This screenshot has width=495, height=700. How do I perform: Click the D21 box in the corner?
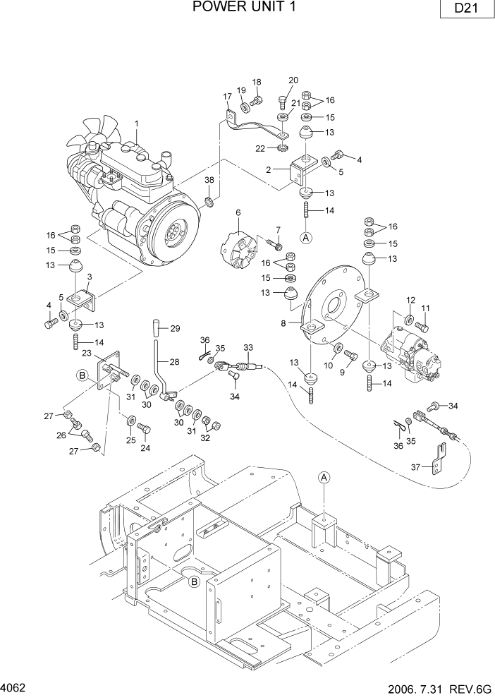[463, 11]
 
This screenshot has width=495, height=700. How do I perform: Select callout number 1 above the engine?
[137, 123]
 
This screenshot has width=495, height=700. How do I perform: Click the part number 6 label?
[238, 212]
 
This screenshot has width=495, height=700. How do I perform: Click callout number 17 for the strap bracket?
[228, 97]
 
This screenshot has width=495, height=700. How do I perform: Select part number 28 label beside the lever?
[173, 361]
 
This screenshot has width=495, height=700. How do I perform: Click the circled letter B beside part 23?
[82, 377]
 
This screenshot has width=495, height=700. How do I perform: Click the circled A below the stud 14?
[306, 238]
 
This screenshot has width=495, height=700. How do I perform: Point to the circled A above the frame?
[324, 478]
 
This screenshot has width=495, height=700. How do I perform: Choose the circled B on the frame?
[193, 581]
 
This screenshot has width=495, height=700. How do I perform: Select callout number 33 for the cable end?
[248, 348]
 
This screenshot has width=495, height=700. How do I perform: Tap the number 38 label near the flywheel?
[209, 181]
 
